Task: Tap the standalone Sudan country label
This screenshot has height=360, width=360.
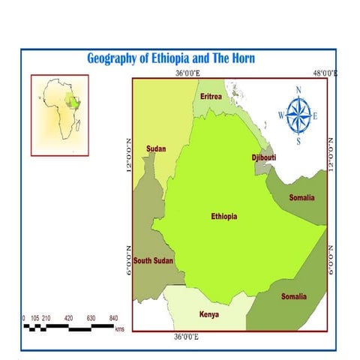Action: pyautogui.click(x=156, y=148)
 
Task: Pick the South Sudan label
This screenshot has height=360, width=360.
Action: pyautogui.click(x=153, y=260)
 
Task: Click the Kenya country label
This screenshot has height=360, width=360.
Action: pyautogui.click(x=208, y=314)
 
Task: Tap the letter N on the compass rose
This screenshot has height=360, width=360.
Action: pyautogui.click(x=298, y=91)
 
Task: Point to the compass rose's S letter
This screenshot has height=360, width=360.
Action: pyautogui.click(x=298, y=141)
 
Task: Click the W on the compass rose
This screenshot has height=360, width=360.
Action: pyautogui.click(x=281, y=115)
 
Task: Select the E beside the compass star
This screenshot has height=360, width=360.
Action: pyautogui.click(x=316, y=115)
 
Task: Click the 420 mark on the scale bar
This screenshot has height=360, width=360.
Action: pyautogui.click(x=68, y=318)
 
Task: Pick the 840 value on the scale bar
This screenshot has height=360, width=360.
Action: pyautogui.click(x=114, y=318)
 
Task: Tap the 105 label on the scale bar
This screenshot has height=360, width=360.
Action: pyautogui.click(x=34, y=318)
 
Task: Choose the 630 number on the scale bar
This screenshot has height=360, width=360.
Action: pyautogui.click(x=91, y=318)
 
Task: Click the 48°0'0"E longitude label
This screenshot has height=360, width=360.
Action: pyautogui.click(x=325, y=73)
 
